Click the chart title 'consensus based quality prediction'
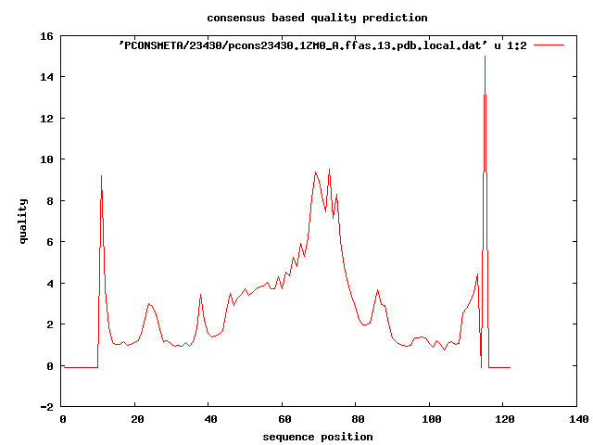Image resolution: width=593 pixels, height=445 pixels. (x=304, y=18)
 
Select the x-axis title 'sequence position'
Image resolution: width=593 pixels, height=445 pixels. (x=318, y=437)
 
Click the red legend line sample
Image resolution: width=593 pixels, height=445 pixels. (x=549, y=44)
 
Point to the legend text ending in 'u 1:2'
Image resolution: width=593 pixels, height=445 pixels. (x=322, y=44)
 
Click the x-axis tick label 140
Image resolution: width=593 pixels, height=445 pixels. (x=578, y=420)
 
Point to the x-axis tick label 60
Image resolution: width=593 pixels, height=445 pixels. (x=283, y=420)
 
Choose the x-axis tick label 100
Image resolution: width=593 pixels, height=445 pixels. (x=431, y=420)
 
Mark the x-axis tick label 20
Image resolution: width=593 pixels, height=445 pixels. (x=135, y=420)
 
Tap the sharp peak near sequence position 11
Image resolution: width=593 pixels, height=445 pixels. (x=102, y=176)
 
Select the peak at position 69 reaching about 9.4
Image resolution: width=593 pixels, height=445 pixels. (x=316, y=172)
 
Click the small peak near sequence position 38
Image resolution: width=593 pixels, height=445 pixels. (x=201, y=295)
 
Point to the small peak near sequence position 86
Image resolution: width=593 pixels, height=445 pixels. (x=378, y=290)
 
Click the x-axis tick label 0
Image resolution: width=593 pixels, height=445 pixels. (x=61, y=420)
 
